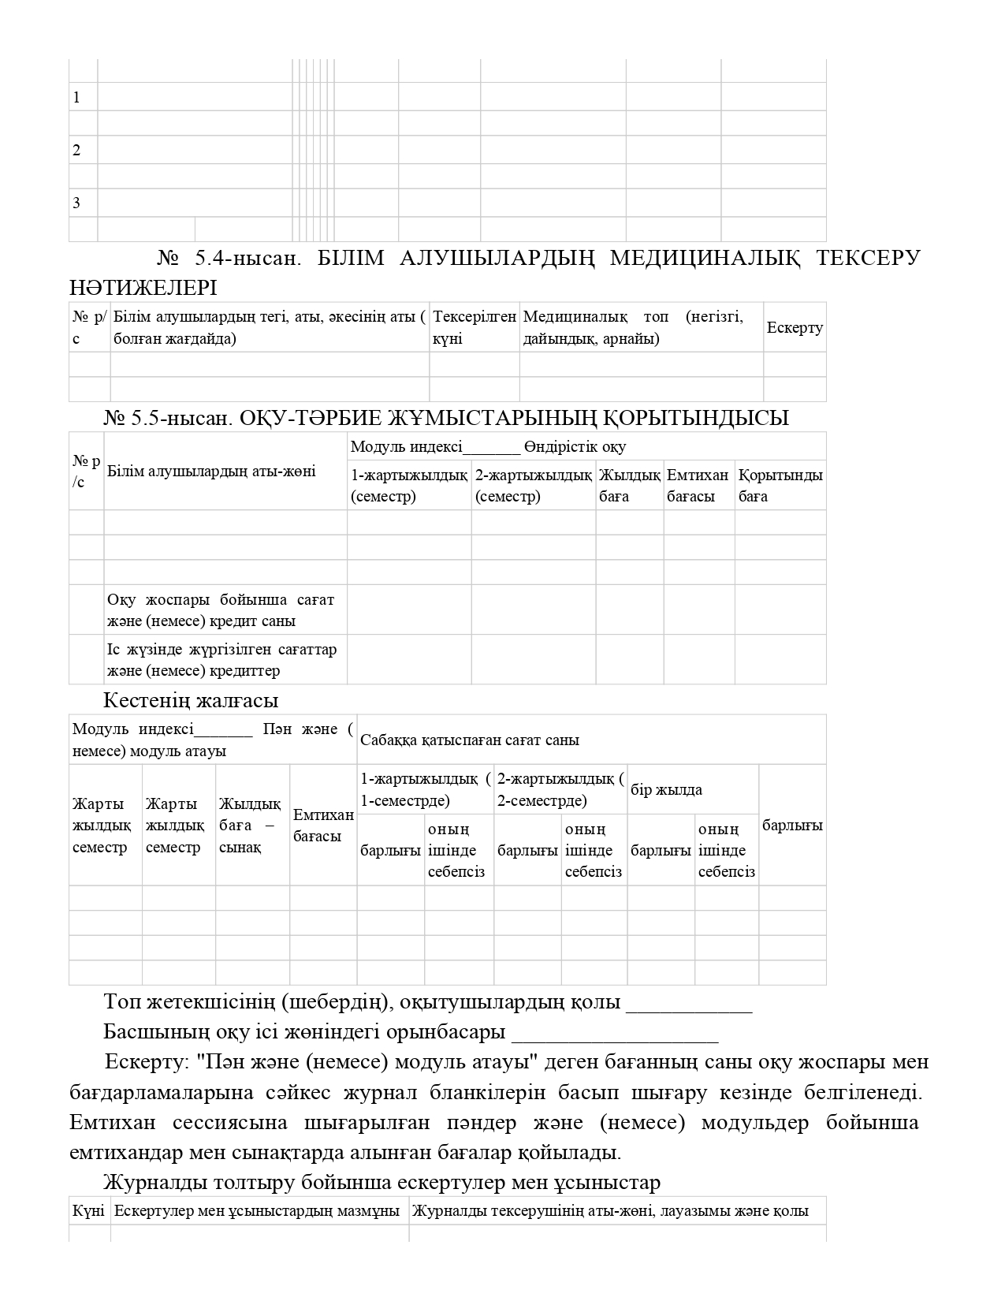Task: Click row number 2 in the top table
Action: (76, 151)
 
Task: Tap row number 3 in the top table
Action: (76, 203)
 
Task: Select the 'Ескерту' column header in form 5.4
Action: (795, 327)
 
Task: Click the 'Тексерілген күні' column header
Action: (474, 327)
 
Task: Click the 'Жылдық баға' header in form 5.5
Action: (629, 485)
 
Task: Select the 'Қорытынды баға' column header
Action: (780, 485)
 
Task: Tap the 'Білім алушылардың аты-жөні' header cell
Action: (211, 471)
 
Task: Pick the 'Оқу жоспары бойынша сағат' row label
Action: (221, 610)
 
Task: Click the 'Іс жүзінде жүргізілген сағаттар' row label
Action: (221, 660)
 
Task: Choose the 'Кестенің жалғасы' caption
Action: (191, 700)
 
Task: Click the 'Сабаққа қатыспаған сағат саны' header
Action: (470, 740)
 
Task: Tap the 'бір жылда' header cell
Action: (666, 789)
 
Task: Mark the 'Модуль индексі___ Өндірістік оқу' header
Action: (488, 447)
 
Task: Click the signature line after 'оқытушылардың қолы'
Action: (688, 1005)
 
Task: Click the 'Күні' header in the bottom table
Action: (89, 1211)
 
